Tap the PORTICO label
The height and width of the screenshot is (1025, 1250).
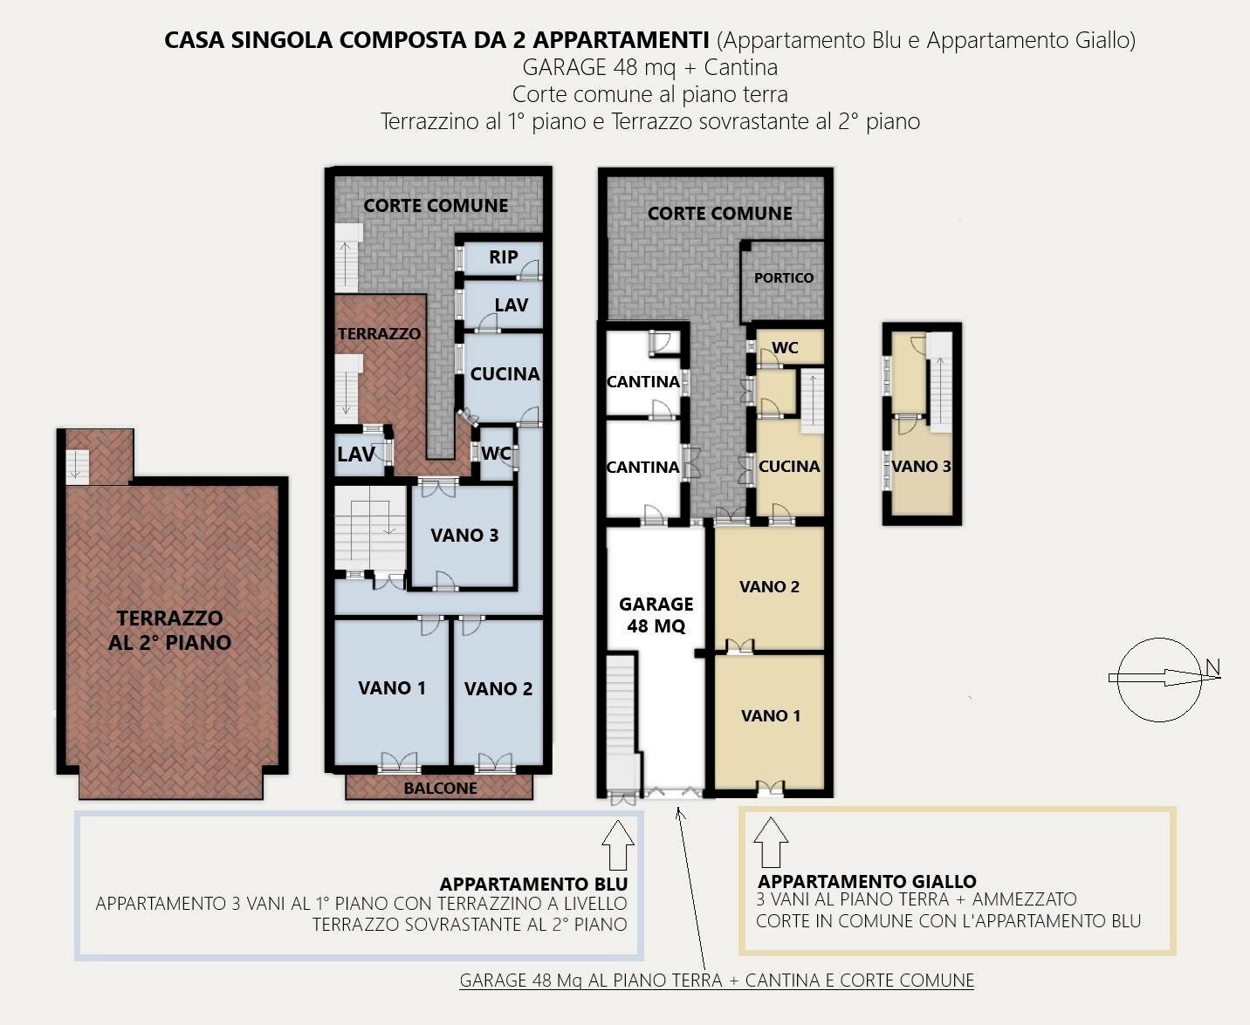(783, 277)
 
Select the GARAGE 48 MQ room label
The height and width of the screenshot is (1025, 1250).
(656, 615)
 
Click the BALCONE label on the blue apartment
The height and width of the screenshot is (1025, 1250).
(440, 788)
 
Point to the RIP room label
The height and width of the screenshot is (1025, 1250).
(503, 257)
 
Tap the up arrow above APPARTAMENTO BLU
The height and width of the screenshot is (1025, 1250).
(618, 844)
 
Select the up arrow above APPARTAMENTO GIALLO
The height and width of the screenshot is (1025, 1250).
(771, 842)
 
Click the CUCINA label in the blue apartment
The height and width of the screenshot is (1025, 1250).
(505, 373)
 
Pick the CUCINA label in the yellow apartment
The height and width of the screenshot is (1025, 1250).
(788, 466)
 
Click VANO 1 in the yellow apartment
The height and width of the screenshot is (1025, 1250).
(770, 715)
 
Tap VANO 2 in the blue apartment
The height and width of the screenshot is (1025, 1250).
(498, 689)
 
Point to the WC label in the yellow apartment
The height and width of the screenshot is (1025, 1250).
(785, 347)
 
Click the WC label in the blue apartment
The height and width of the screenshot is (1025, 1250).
(495, 453)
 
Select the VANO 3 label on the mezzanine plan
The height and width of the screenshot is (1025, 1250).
(921, 466)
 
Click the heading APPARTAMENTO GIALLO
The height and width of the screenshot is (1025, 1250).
(866, 881)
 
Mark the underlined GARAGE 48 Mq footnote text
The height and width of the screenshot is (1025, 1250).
(717, 980)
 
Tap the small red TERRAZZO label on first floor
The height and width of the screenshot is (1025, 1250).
(379, 333)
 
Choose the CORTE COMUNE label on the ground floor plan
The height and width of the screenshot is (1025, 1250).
(719, 213)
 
